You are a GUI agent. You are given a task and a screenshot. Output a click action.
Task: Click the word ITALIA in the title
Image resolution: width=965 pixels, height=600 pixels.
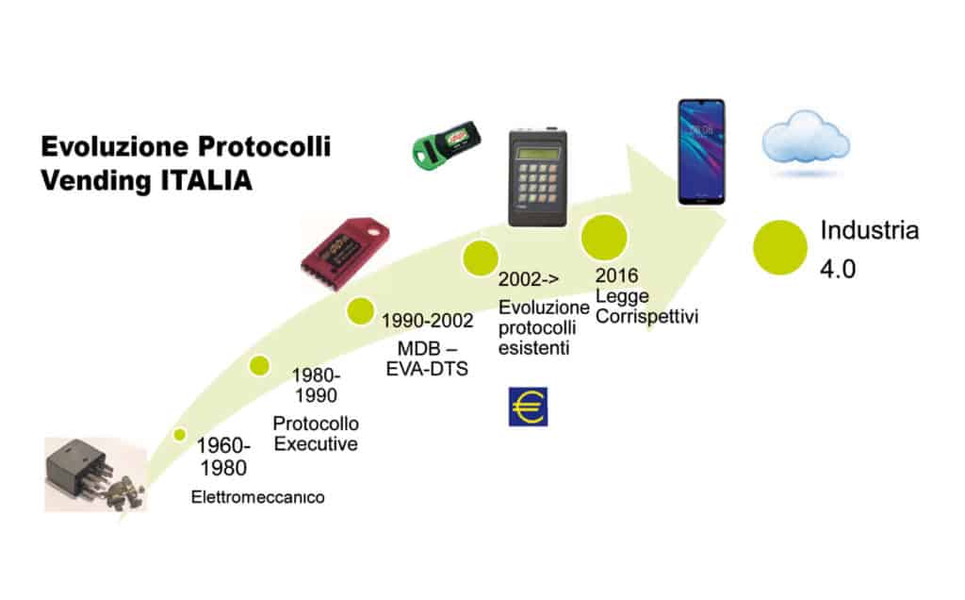(x=206, y=180)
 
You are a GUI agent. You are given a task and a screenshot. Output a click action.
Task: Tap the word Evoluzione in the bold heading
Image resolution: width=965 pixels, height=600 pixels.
(x=115, y=146)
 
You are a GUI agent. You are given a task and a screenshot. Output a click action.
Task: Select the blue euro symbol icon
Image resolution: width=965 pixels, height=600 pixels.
(x=528, y=407)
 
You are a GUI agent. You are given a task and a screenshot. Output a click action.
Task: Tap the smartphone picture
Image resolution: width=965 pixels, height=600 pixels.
(x=701, y=152)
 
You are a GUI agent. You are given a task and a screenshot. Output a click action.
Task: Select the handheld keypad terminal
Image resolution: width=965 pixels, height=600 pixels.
(x=537, y=178)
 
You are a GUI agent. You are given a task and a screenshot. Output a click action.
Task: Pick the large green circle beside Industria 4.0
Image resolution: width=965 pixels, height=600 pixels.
(x=779, y=247)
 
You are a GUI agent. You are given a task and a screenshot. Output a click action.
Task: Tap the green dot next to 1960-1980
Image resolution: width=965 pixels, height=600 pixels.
(x=180, y=435)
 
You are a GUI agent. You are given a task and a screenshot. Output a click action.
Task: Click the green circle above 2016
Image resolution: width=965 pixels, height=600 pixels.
(x=604, y=237)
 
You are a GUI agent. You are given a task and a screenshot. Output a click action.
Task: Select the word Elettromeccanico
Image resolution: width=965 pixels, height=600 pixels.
(x=258, y=497)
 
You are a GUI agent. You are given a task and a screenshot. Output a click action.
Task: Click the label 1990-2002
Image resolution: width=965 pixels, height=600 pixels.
(x=427, y=321)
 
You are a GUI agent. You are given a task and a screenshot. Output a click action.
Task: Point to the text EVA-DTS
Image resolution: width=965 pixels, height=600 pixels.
(x=427, y=369)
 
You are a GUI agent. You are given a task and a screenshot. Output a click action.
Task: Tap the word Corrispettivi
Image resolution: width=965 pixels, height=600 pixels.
(x=646, y=317)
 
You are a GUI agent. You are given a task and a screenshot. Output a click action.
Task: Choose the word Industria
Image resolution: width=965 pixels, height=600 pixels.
(x=870, y=230)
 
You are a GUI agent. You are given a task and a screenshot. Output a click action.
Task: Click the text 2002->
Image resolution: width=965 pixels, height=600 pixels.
(x=529, y=279)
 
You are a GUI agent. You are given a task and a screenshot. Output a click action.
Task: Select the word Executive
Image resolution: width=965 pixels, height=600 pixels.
(x=316, y=444)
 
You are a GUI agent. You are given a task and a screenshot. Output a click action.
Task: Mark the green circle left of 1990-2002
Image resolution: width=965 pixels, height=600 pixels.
(x=360, y=310)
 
